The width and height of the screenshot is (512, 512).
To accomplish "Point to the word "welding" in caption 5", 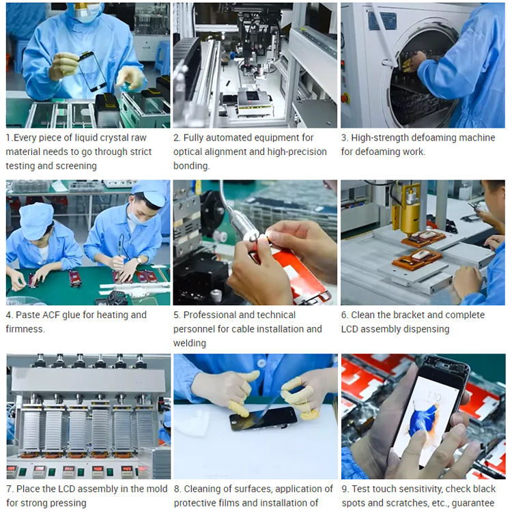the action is point(190,343).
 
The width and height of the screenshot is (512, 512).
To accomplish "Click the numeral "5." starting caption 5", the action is point(177,315).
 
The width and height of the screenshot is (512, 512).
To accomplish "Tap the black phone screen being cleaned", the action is point(264,419).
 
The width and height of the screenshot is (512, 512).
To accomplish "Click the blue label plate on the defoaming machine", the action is point(382,20).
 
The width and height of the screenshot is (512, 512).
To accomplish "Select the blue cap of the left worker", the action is point(36,221).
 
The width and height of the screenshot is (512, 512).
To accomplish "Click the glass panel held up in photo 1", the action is point(92,71).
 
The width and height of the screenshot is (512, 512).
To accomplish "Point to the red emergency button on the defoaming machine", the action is point(345,98).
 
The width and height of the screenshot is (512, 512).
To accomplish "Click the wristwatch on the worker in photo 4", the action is point(139,260).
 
